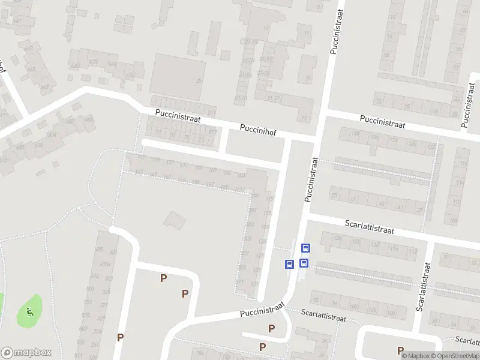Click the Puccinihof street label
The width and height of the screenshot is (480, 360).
(x=258, y=128)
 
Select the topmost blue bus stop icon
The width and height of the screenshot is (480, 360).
(x=305, y=248)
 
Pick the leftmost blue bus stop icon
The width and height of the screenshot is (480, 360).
(x=289, y=263)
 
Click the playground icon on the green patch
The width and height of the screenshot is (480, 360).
(x=29, y=311)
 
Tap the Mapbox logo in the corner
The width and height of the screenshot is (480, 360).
(x=26, y=353)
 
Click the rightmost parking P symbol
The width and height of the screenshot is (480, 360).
(x=400, y=350)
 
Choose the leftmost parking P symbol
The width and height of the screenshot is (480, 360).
(x=120, y=337)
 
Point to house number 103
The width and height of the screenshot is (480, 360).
(x=241, y=175)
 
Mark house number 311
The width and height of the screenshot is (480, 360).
(x=240, y=282)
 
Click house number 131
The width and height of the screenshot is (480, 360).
(x=255, y=284)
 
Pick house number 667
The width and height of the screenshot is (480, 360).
(x=212, y=132)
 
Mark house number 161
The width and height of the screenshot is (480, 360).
(x=239, y=190)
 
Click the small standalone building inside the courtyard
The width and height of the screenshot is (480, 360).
(x=175, y=220)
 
